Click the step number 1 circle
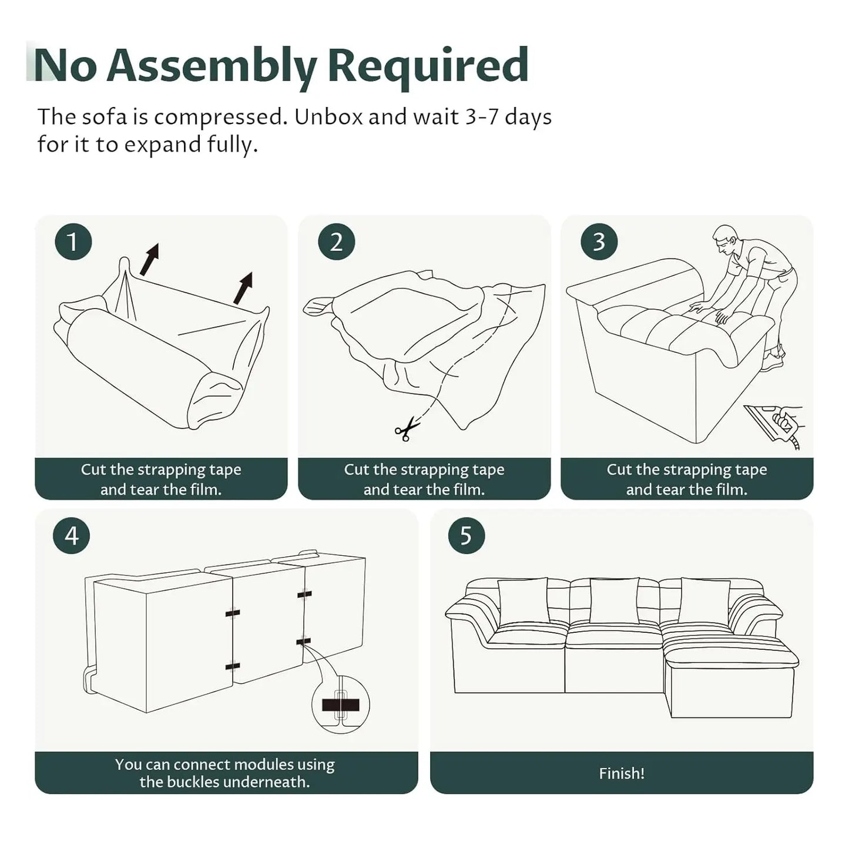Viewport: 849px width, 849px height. [x=73, y=241]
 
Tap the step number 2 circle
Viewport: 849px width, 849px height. [x=336, y=241]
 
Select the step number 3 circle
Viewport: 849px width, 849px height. [x=599, y=241]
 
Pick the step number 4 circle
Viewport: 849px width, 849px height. [x=71, y=535]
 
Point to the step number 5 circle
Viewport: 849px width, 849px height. [x=466, y=535]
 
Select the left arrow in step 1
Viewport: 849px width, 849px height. [x=149, y=259]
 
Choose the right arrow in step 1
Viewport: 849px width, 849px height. [x=243, y=288]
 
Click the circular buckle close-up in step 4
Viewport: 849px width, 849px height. [x=340, y=705]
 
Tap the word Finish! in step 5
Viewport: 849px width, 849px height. [x=622, y=773]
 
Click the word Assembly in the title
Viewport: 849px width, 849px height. [x=212, y=66]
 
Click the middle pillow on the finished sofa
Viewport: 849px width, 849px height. [x=613, y=600]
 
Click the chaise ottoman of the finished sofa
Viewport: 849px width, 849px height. [x=731, y=682]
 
